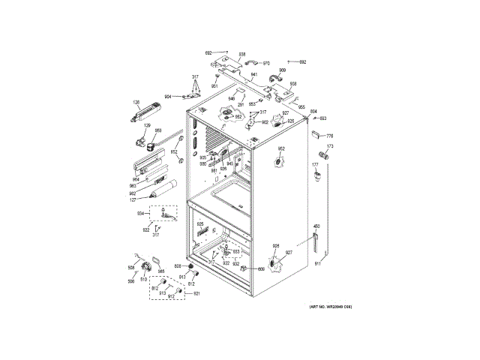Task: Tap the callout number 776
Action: point(330,135)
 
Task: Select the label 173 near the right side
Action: point(329,146)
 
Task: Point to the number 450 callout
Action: point(316,226)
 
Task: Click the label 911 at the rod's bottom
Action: point(316,264)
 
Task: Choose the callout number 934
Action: point(139,213)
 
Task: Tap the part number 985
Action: point(160,271)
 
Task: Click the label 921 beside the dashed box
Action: point(196,293)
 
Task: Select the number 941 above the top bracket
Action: point(254,75)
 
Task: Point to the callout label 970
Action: point(265,63)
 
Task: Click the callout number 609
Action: point(262,268)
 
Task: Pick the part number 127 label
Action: point(132,199)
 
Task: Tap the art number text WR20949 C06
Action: point(331,307)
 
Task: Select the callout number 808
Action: point(178,266)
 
